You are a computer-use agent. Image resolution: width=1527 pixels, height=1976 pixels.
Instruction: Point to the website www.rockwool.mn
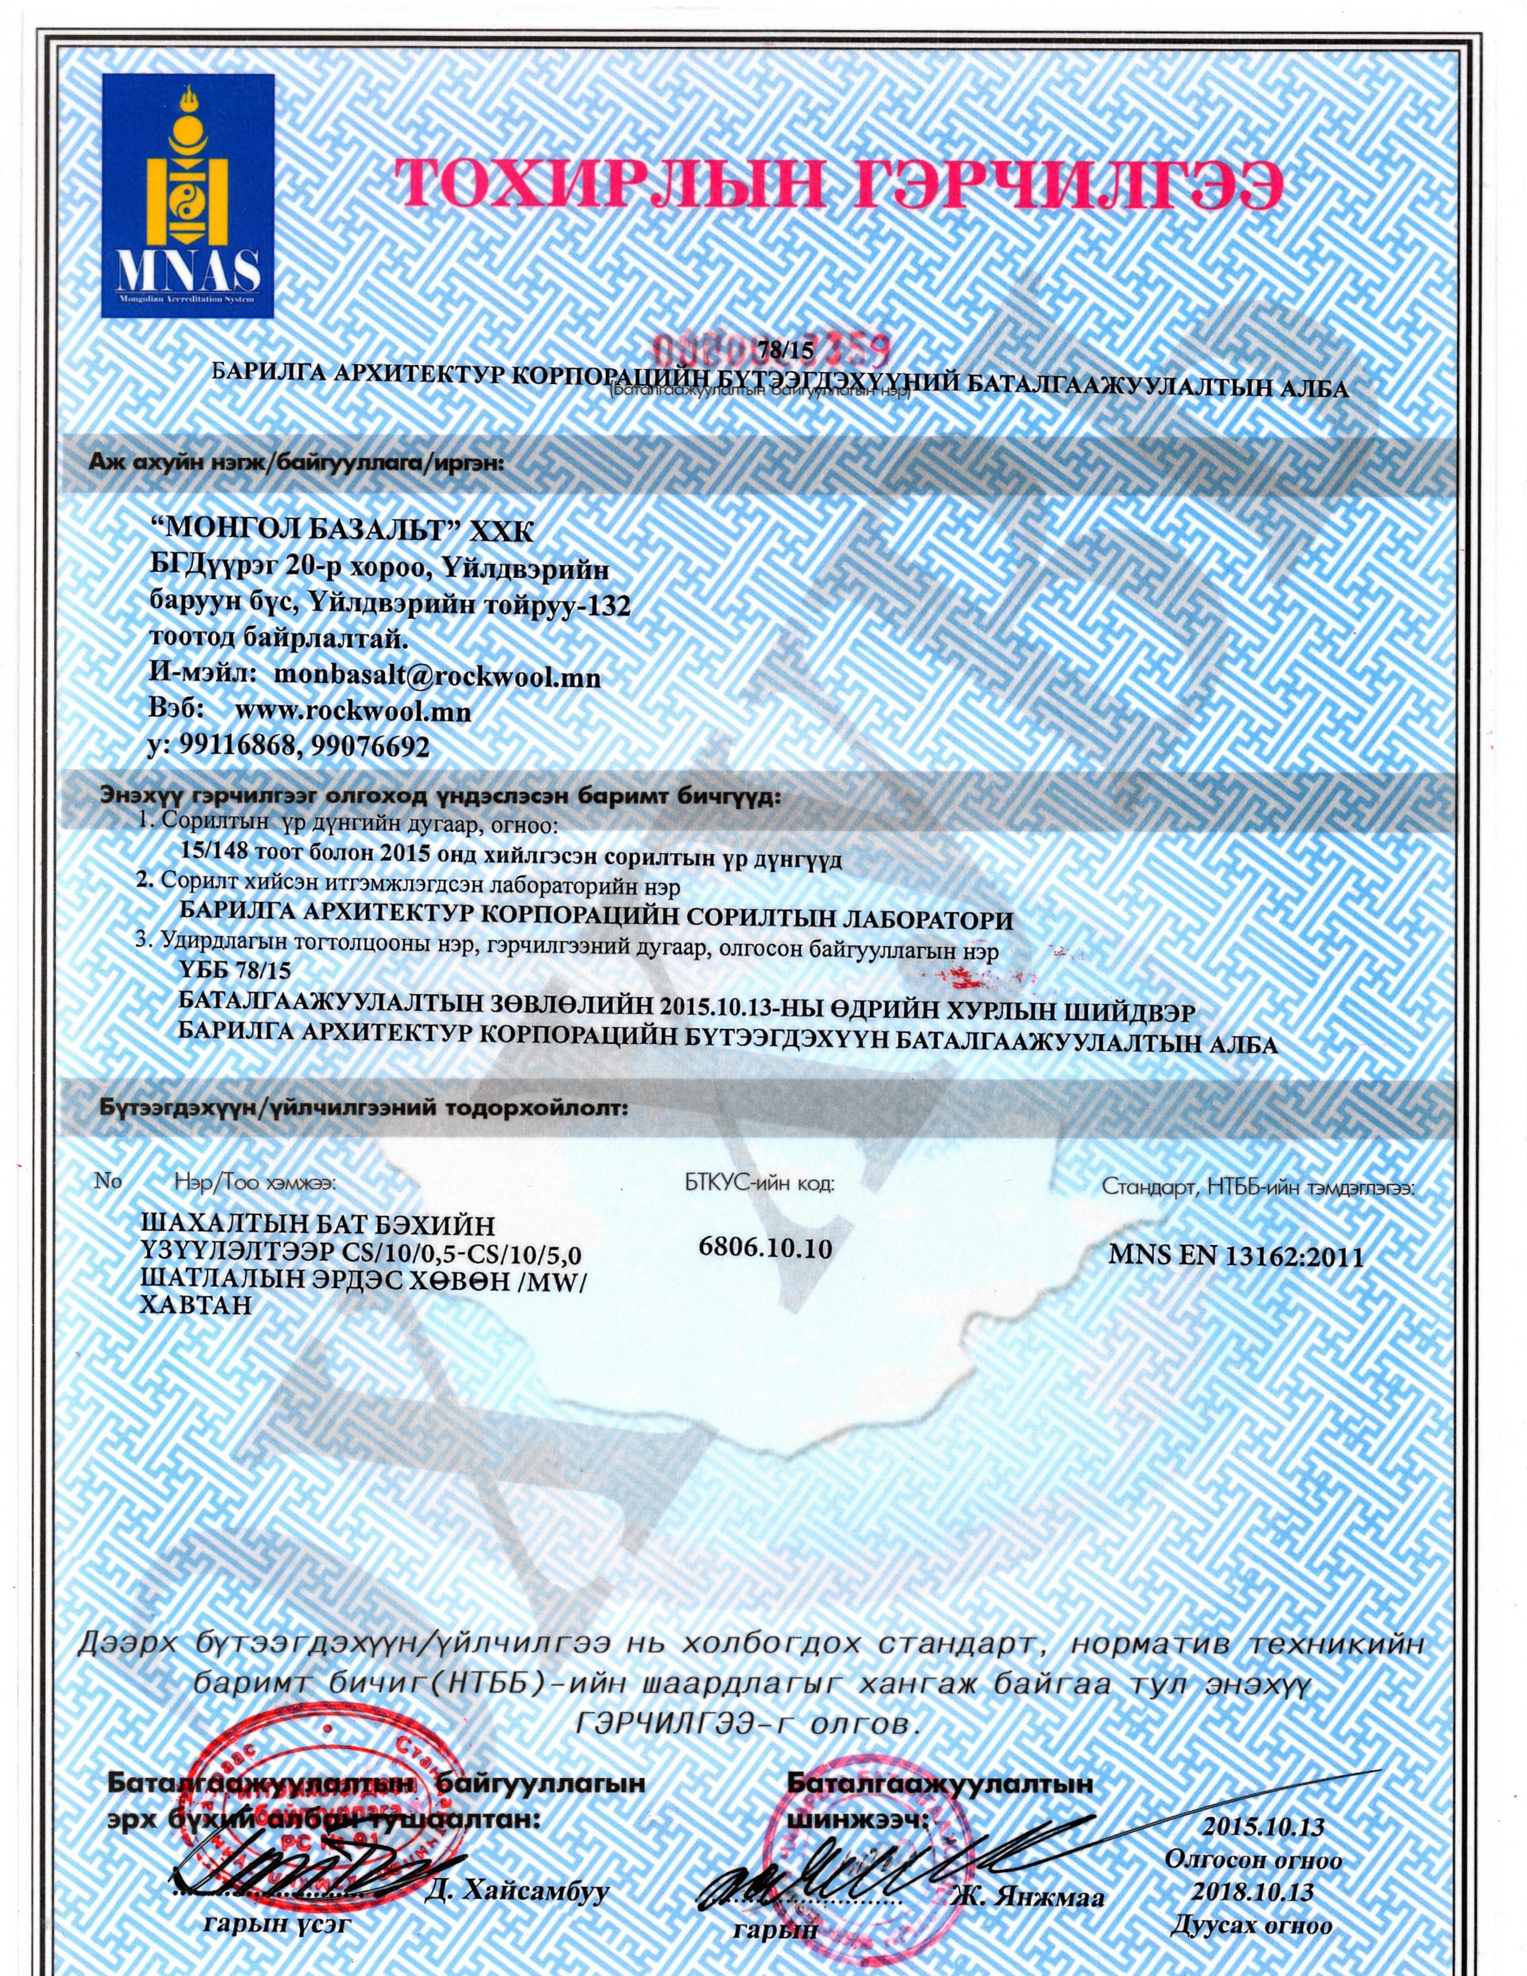(352, 711)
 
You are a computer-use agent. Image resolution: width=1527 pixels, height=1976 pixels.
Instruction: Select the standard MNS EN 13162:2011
(1236, 1258)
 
